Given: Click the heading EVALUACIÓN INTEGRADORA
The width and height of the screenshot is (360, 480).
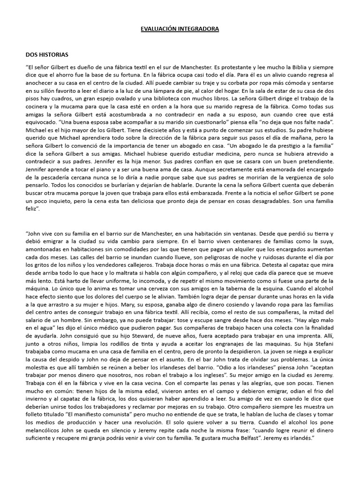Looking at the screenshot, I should coord(180,29).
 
